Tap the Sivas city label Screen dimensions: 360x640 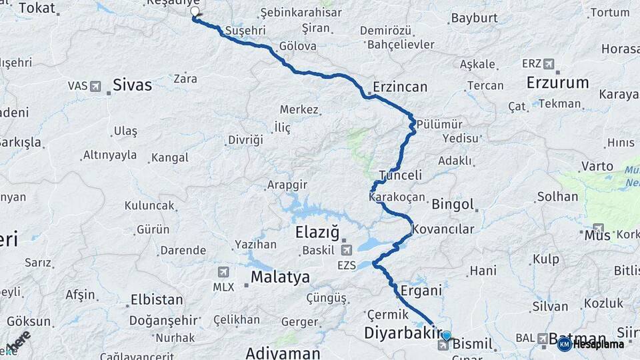[132, 85]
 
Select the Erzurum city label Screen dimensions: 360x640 [557, 83]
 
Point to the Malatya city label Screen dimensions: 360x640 [280, 277]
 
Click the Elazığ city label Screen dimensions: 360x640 [317, 233]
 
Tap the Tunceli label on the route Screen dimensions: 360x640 [401, 175]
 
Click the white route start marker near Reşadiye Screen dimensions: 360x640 [195, 11]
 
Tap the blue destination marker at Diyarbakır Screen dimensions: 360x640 [446, 336]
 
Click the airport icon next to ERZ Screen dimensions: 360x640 [549, 64]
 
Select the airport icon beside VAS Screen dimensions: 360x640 [95, 86]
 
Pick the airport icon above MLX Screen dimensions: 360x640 [223, 272]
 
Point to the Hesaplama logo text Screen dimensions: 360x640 [597, 344]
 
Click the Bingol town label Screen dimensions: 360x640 [453, 204]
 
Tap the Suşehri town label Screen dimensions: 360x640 [245, 31]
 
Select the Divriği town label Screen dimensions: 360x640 [245, 140]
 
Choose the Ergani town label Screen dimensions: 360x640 [421, 290]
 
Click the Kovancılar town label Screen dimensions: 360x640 [443, 229]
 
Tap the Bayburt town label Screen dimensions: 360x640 [474, 18]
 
